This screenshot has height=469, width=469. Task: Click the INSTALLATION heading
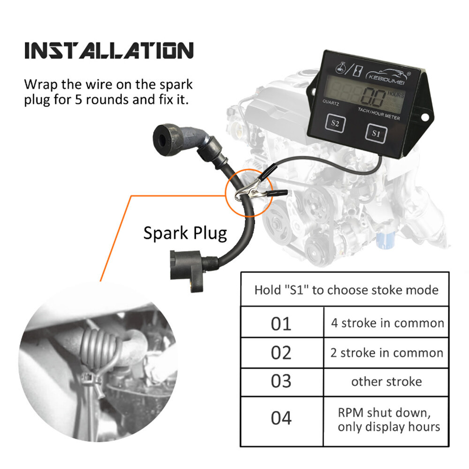109,50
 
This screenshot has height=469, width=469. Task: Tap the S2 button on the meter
335,123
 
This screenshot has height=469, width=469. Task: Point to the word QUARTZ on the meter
331,103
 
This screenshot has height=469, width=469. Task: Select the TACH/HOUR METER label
379,114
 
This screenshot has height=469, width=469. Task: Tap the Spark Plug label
185,233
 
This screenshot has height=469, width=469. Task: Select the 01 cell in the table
281,323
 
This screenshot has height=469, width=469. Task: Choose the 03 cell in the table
281,382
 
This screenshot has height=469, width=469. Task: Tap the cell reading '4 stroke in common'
386,323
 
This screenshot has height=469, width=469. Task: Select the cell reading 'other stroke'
386,382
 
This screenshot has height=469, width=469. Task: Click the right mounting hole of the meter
425,118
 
